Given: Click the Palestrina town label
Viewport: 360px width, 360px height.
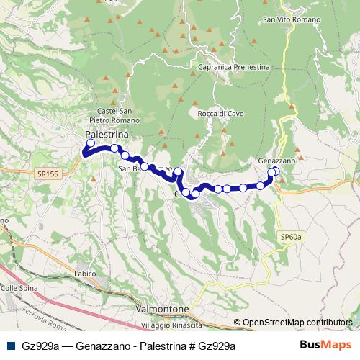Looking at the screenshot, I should coord(107,135).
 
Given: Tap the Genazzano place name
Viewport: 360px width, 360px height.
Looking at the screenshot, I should coord(276,161).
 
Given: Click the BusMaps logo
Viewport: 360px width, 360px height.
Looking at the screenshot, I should coord(322,345).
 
